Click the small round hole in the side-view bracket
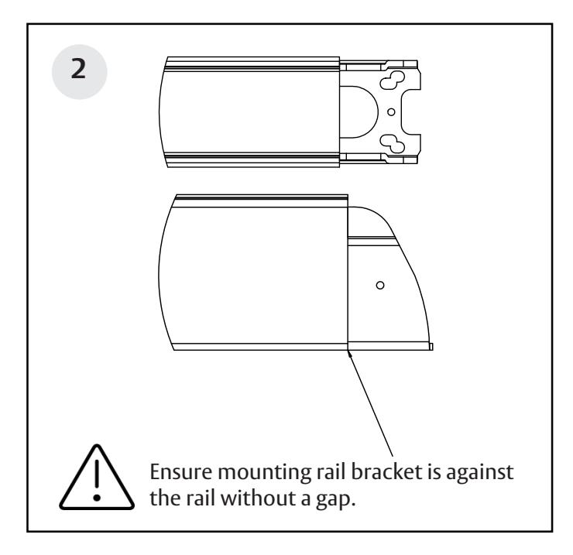pyautogui.click(x=379, y=286)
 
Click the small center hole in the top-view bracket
pyautogui.click(x=391, y=112)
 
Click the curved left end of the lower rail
pyautogui.click(x=162, y=271)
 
